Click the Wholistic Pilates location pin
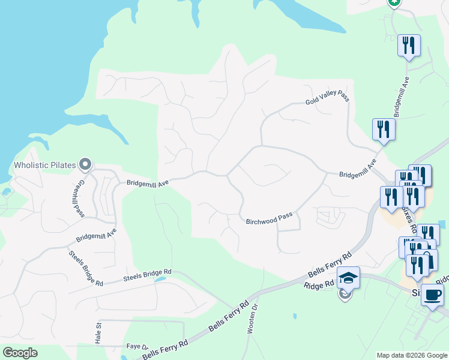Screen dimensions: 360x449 [x=85, y=163]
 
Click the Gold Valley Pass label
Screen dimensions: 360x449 [x=327, y=98]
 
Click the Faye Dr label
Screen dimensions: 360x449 [x=137, y=347]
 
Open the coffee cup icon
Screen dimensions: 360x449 [x=432, y=295]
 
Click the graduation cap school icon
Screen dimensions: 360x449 [x=348, y=278]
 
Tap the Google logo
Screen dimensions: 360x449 [x=20, y=353]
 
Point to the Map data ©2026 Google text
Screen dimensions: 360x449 [x=412, y=355]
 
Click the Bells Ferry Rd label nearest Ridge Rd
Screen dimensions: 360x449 [x=330, y=265]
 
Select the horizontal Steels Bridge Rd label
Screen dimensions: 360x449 [x=147, y=275]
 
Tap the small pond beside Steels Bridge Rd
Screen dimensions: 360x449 [x=160, y=279]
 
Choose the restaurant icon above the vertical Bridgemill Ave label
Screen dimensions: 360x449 [x=409, y=46]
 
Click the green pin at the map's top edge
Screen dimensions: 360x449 [x=394, y=2]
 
